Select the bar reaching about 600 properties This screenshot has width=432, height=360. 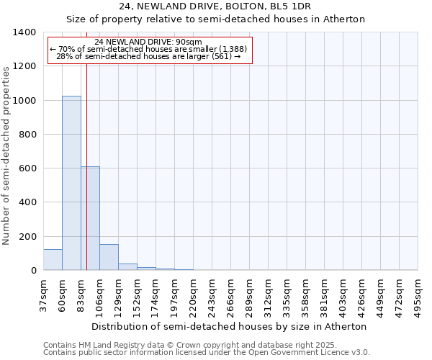pos(90,218)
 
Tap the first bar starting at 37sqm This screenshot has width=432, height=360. pos(53,260)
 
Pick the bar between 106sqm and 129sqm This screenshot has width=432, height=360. pos(109,257)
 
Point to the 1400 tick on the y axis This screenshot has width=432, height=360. pos(26,32)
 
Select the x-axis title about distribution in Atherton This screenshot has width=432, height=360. pos(229,326)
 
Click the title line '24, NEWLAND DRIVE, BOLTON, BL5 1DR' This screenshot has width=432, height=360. pos(215,6)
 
